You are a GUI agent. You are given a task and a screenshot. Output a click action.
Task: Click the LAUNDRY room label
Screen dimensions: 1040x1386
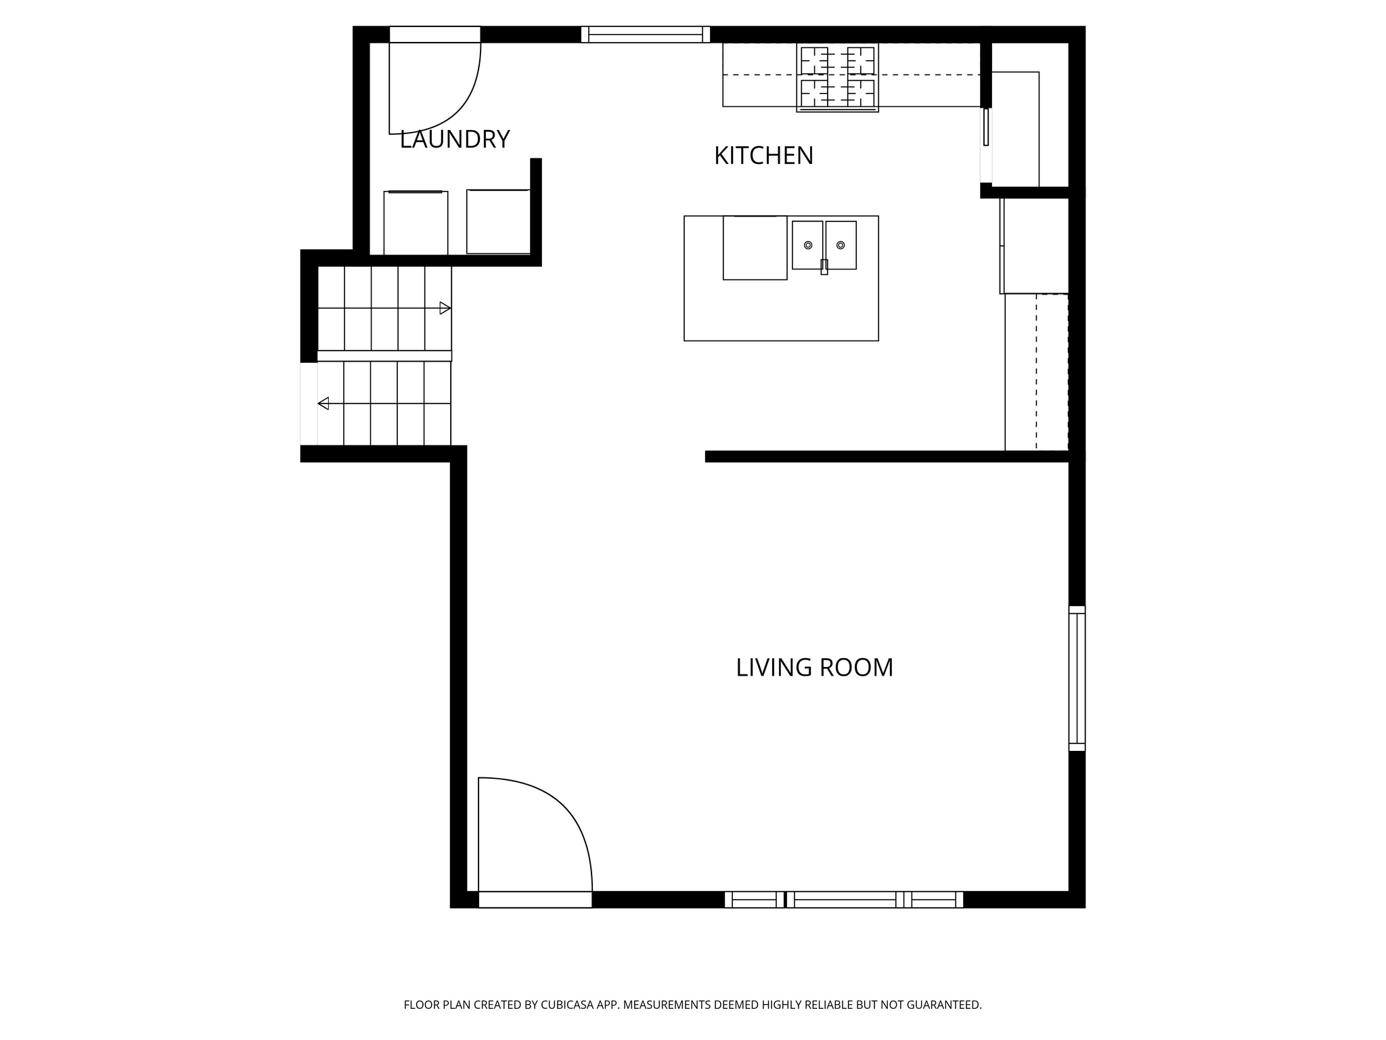[x=454, y=139]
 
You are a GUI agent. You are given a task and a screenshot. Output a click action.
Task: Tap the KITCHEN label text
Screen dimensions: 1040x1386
[x=763, y=156]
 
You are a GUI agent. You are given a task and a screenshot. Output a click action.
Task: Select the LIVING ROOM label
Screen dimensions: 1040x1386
[x=814, y=668]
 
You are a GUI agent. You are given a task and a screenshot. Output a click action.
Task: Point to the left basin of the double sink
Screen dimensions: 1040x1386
[x=807, y=244]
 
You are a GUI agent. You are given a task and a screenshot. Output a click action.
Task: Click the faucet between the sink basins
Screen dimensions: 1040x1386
[x=824, y=266]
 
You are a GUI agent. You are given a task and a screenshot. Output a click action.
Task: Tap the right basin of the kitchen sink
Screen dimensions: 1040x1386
[x=841, y=244]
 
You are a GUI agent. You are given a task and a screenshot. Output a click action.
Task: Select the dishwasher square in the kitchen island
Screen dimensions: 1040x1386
[x=755, y=247]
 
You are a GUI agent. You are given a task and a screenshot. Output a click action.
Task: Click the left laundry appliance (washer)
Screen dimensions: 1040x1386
[x=416, y=223]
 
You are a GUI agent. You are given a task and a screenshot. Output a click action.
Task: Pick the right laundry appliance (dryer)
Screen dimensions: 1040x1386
[x=498, y=221]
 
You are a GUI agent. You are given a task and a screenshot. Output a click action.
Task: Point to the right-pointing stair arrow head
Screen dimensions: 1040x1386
[x=445, y=308]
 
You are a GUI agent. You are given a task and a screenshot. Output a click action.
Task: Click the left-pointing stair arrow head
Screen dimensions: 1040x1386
[x=323, y=404]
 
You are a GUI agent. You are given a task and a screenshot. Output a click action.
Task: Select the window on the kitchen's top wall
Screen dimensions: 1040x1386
[x=646, y=35]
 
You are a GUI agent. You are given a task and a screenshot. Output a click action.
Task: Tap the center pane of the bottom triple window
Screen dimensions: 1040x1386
[x=844, y=899]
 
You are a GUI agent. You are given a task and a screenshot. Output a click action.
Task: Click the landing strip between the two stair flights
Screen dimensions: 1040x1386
[x=384, y=355]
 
